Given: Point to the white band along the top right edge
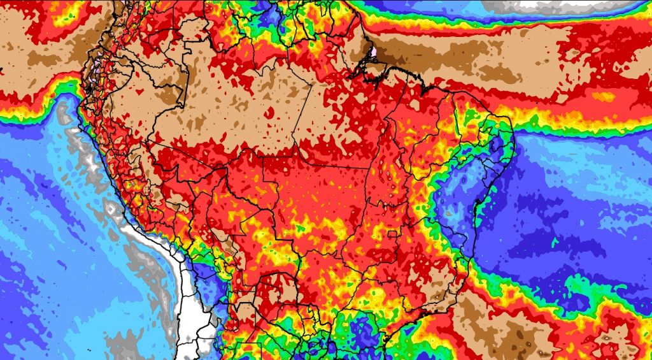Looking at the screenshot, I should point(573,5).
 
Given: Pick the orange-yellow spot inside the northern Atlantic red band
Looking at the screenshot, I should point(602,97).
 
